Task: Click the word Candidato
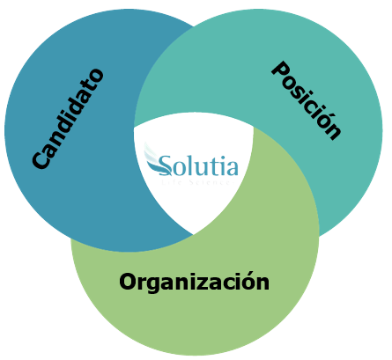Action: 68,119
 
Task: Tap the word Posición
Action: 307,100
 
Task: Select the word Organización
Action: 194,283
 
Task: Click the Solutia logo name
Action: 198,165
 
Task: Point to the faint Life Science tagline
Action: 197,182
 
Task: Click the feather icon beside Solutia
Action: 156,160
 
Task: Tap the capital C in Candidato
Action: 41,159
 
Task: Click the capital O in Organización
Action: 129,282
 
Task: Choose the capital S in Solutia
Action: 166,165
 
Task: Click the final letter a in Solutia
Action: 233,169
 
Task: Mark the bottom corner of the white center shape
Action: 193,235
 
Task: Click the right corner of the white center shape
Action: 254,128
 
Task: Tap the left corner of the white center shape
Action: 134,127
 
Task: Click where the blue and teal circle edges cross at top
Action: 193,26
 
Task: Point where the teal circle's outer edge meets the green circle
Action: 319,236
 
